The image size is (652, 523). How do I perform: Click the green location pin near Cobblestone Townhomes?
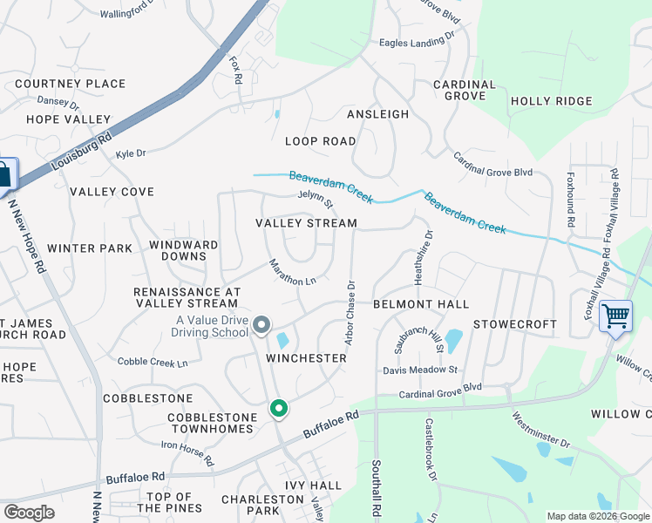tap(279, 408)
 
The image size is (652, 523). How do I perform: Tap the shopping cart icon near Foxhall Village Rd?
tap(615, 316)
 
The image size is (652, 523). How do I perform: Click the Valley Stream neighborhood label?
tap(306, 223)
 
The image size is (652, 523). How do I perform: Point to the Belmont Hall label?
tap(421, 304)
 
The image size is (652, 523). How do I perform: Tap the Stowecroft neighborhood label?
tap(514, 324)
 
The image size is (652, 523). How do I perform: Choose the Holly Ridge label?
tap(551, 101)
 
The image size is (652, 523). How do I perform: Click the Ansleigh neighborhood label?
tap(377, 114)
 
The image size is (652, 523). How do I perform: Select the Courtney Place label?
tap(71, 84)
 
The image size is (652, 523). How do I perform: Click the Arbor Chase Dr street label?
tap(350, 312)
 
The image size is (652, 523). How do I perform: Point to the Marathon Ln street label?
tap(292, 273)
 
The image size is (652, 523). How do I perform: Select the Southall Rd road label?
tap(377, 490)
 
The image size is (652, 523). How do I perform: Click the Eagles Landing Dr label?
tap(418, 41)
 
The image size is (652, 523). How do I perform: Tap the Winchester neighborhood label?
tap(306, 358)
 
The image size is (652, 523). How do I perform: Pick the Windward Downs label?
tap(184, 250)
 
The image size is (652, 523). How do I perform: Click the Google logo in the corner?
tap(29, 513)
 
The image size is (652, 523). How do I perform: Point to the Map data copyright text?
tap(598, 517)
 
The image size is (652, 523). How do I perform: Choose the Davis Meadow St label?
tap(420, 370)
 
